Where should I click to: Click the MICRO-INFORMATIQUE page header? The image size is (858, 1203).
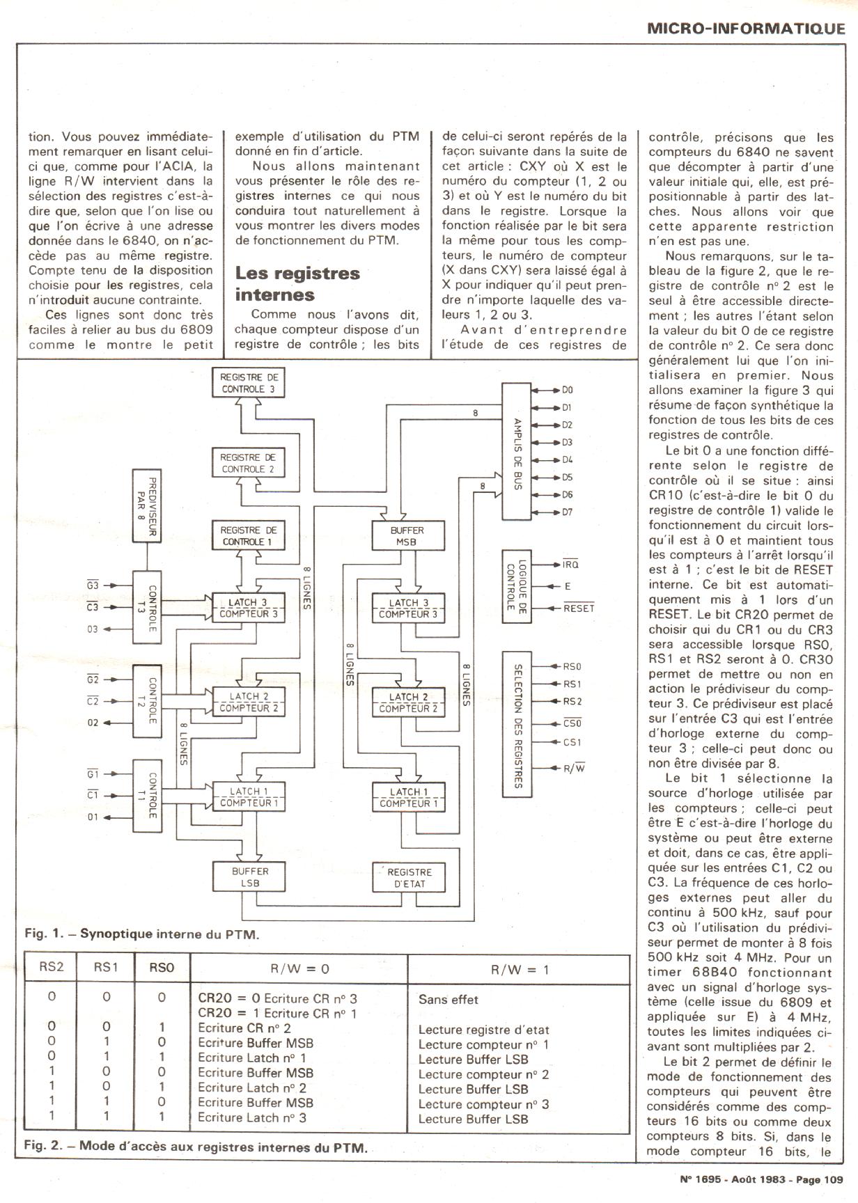pos(745,29)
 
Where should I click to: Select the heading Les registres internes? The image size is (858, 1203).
pos(297,283)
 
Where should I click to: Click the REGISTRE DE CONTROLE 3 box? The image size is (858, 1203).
pos(249,383)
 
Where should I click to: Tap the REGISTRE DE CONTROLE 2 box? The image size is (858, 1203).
pos(249,463)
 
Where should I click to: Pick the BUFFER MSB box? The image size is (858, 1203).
pos(407,536)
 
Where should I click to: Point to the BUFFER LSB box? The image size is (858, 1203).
pos(249,877)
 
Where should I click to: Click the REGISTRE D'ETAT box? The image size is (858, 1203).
pos(409,877)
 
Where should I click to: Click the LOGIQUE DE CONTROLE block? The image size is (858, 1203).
pos(516,586)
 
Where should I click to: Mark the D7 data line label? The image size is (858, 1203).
pos(568,512)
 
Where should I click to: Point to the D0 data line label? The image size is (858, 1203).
pos(568,390)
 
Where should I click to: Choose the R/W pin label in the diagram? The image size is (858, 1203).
pos(574,769)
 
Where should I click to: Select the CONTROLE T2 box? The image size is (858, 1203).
pos(146,700)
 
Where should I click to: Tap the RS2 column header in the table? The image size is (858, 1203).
pos(52,968)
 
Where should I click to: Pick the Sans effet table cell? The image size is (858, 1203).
pos(448,1000)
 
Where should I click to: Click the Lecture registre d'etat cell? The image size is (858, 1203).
pos(483,1030)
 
